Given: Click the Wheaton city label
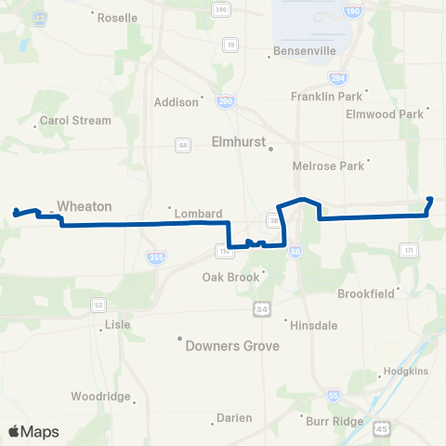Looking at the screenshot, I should pyautogui.click(x=84, y=206).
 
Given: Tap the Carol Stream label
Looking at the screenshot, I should pyautogui.click(x=75, y=121).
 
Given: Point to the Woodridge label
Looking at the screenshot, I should pyautogui.click(x=101, y=397).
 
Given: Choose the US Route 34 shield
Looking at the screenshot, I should pyautogui.click(x=262, y=308).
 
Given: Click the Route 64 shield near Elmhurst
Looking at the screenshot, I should pyautogui.click(x=183, y=144).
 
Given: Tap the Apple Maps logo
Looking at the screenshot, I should pyautogui.click(x=33, y=432).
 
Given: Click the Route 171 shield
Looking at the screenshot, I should pyautogui.click(x=408, y=249).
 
